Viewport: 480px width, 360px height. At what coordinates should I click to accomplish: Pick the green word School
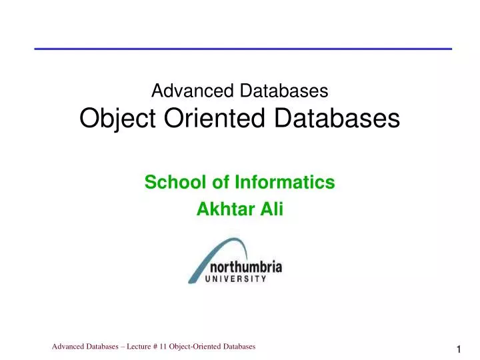point(170,181)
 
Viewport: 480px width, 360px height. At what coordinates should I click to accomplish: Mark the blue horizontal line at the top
point(243,49)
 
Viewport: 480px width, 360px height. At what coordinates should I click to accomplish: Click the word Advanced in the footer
point(69,347)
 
